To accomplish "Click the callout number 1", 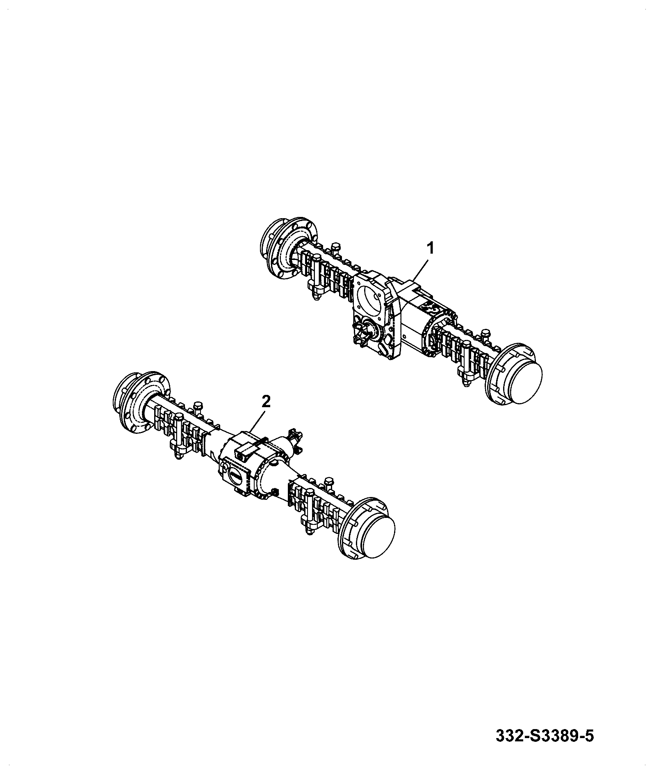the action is tap(430, 248).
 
